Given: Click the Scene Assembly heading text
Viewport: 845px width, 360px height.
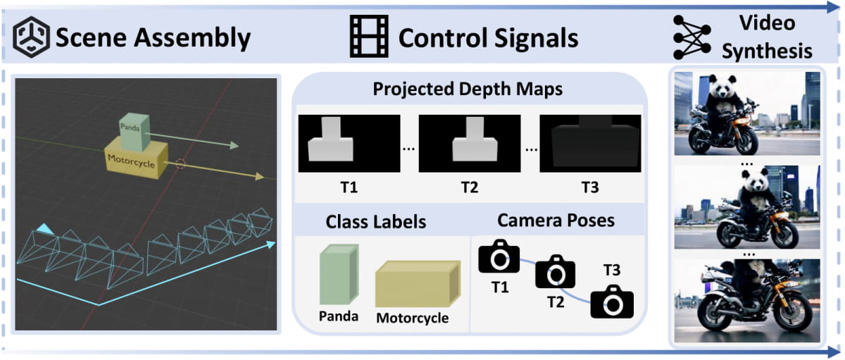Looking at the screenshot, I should click(153, 37).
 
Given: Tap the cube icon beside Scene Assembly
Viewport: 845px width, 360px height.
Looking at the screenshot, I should click(31, 37).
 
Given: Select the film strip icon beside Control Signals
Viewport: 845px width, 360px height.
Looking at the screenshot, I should click(368, 37).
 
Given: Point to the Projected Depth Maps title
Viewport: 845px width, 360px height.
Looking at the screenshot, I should click(468, 90).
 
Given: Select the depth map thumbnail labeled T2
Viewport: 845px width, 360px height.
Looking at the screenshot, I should click(470, 142).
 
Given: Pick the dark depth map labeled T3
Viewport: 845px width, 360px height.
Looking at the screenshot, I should click(590, 142).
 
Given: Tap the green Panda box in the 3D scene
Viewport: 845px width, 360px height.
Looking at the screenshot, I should click(134, 130).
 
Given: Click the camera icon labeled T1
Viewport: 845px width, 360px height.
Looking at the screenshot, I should click(499, 257).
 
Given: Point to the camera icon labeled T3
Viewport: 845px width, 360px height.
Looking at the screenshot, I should click(611, 301).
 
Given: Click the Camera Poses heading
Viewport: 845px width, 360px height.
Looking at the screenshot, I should click(556, 220).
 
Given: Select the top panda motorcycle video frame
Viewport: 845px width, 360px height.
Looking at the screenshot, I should click(747, 113).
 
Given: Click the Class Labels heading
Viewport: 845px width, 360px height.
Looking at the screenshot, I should click(375, 221).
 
